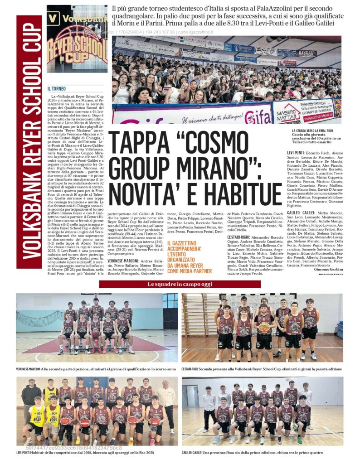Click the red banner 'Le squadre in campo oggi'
[x=180, y=284]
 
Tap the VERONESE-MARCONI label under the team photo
[x=28, y=369]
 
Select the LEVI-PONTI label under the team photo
[x=25, y=453]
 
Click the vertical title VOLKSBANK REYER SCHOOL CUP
[x=29, y=140]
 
